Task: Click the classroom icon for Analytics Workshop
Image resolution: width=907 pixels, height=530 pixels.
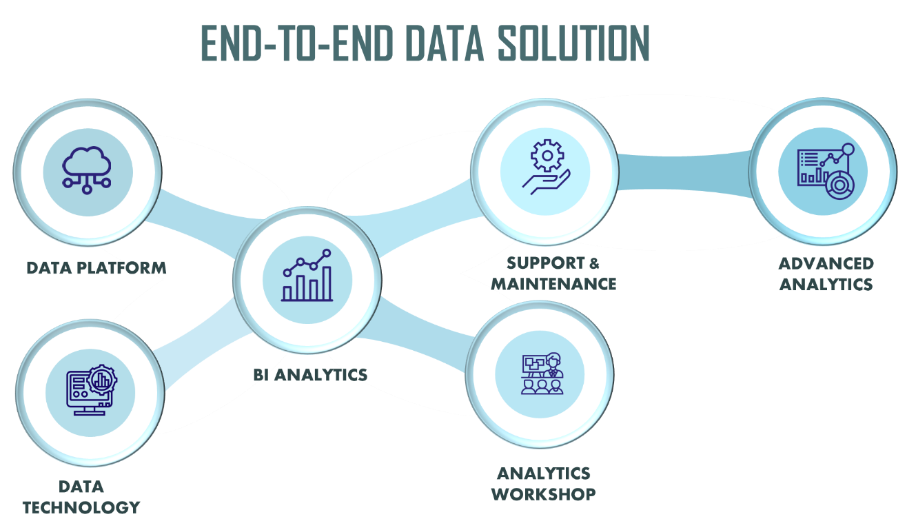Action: point(540,374)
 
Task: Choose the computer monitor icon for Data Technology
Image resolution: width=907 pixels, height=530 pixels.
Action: point(90,391)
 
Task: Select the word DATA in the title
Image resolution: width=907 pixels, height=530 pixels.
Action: point(445,45)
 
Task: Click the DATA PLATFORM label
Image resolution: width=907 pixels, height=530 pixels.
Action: point(96,267)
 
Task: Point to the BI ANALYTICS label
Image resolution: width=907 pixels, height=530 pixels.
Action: point(310,375)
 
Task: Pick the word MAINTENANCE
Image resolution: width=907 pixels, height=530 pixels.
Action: point(554,283)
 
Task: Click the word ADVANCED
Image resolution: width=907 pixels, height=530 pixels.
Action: point(826,263)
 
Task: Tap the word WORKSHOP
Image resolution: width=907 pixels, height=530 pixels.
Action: point(545,494)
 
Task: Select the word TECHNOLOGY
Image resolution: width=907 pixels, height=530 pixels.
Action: point(81,508)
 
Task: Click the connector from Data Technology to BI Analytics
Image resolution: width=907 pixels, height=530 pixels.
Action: point(196,351)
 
